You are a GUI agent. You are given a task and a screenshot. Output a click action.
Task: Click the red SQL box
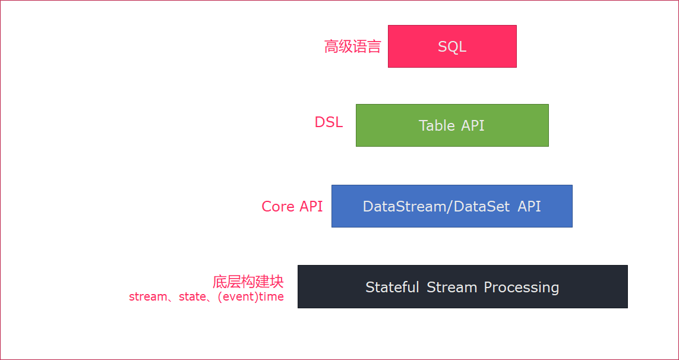point(452,46)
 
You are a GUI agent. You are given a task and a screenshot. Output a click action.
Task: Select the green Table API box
point(452,125)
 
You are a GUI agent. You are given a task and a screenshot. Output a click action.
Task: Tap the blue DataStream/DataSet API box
point(452,206)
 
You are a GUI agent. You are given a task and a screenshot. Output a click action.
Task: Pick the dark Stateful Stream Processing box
point(463,287)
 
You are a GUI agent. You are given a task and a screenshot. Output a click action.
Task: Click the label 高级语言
point(352,46)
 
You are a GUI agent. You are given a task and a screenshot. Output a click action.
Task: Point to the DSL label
point(329,122)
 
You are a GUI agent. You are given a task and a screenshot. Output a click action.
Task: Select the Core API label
point(292,206)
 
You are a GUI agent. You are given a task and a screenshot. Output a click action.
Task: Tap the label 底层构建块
point(248,282)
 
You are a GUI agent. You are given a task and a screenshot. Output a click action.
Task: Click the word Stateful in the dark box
point(392,287)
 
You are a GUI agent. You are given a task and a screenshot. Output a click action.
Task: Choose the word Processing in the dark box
point(522,288)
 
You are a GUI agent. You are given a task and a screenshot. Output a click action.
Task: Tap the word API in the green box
point(473,125)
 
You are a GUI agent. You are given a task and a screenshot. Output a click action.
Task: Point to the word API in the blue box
point(530,206)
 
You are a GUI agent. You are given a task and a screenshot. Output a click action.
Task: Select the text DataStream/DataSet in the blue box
point(437,207)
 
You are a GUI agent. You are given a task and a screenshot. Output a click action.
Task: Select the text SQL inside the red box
point(452,47)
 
